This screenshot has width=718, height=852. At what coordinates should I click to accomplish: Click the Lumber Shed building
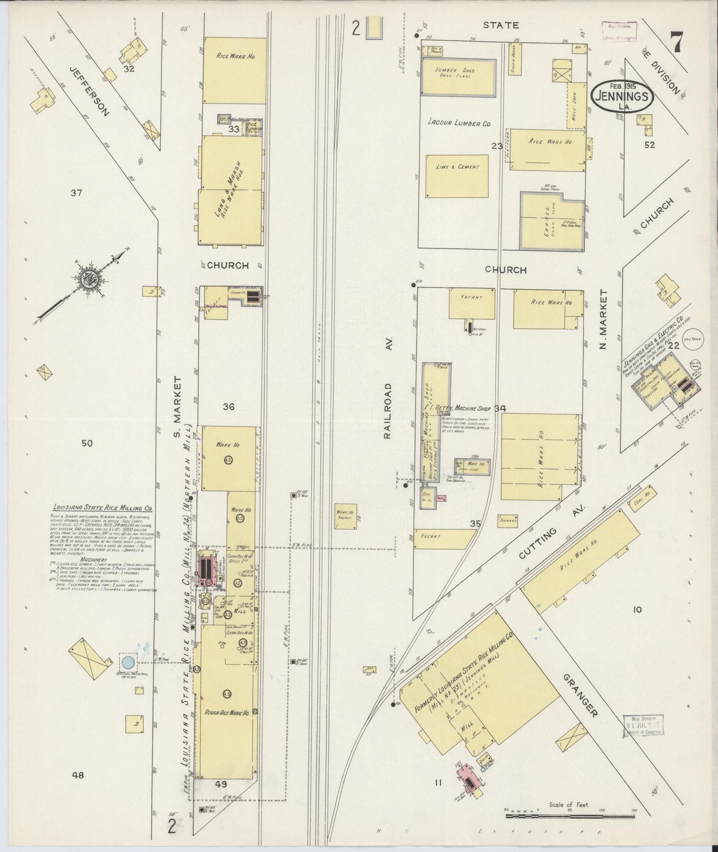click(458, 78)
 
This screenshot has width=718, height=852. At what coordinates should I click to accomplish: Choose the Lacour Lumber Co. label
click(459, 123)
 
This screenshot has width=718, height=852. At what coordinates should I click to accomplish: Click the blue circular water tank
click(127, 662)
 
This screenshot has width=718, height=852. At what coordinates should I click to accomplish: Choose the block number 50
click(87, 443)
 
